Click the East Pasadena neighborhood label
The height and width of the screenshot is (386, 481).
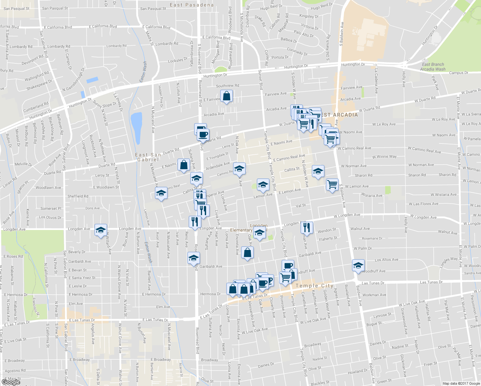pos(192,5)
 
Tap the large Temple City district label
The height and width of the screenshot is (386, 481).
pos(314,286)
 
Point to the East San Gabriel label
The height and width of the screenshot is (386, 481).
pos(148,157)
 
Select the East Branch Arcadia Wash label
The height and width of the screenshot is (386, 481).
pos(433,67)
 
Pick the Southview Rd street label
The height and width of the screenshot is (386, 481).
pos(227,86)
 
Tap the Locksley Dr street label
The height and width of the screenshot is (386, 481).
pos(177,60)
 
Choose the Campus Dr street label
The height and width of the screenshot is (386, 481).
pos(458,73)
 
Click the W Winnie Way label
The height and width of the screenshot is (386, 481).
pos(384,157)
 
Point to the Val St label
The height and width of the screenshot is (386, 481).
pos(301,205)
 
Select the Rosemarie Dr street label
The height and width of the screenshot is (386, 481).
pos(372,238)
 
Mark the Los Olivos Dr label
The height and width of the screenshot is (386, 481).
pos(50,217)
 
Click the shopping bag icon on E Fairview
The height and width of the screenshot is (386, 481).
pos(227,96)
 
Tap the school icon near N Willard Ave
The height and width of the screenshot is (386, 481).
pos(101,230)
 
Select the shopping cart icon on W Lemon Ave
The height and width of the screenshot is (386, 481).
pos(332,185)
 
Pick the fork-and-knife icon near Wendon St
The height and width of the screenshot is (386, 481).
pos(307,227)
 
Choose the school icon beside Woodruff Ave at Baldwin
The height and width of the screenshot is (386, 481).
pos(358,265)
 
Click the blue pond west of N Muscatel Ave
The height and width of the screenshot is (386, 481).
pos(136,128)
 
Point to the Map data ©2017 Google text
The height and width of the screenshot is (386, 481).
pos(461,383)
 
